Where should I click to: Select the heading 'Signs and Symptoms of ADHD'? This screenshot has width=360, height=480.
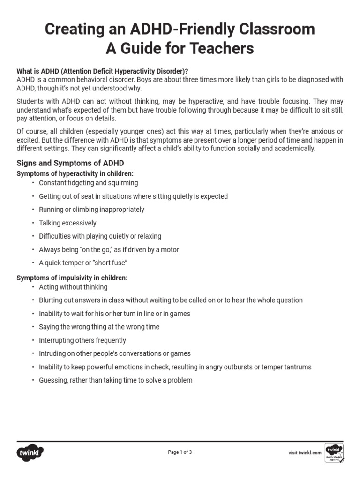tap(70, 163)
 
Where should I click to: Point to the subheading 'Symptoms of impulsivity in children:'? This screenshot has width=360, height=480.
tap(72, 277)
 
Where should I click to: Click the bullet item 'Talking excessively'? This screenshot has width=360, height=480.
tap(67, 223)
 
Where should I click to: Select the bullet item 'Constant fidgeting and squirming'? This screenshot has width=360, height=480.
tap(88, 183)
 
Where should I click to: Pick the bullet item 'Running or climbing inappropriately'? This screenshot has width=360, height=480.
tap(91, 210)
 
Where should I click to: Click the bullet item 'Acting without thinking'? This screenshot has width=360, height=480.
tap(73, 287)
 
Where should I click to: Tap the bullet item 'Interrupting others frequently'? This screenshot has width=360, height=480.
tap(82, 340)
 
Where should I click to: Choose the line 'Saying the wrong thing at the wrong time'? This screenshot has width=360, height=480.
tap(99, 327)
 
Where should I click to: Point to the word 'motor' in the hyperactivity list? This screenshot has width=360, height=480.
tap(170, 250)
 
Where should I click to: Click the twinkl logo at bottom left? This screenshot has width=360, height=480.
tap(30, 452)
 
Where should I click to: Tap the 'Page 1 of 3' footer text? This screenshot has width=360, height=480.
tap(180, 452)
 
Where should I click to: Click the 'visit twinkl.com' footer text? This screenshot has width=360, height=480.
tap(305, 453)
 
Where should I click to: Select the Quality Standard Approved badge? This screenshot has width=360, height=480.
tap(334, 452)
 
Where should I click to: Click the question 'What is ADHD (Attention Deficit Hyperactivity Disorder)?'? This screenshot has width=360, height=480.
tap(103, 71)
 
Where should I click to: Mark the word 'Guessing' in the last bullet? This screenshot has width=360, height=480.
tap(53, 380)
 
